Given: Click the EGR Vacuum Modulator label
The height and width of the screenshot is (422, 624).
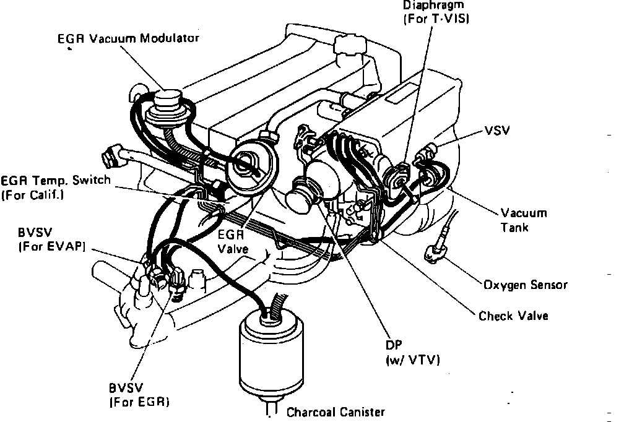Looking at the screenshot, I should pos(128,39).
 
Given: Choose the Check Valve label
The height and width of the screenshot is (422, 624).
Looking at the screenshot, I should pos(513,316).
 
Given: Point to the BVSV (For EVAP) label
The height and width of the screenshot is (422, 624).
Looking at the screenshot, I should pos(51,240).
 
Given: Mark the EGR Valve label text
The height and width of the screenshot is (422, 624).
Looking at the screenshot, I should pos(233,242).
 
